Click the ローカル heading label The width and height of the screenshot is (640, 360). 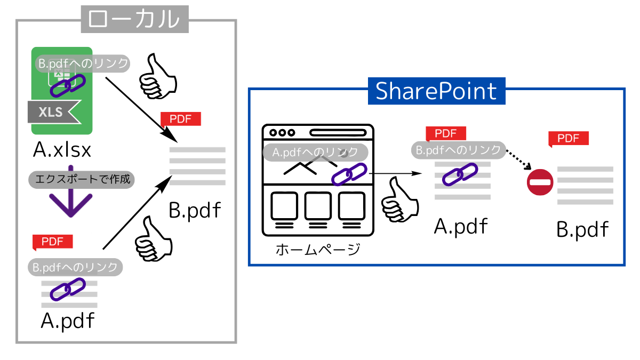[134, 19]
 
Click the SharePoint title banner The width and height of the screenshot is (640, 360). [436, 91]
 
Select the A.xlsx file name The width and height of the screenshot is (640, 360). [62, 150]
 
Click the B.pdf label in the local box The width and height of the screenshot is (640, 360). [195, 210]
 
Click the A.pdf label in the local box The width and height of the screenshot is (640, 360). [68, 321]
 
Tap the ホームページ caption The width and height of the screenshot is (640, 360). [318, 249]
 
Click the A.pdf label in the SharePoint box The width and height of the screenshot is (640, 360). [461, 227]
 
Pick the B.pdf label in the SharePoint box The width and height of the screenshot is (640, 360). [582, 230]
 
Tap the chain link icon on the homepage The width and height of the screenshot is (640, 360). [349, 173]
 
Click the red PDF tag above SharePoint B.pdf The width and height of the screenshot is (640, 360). [569, 139]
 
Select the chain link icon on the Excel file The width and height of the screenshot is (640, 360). [67, 85]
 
